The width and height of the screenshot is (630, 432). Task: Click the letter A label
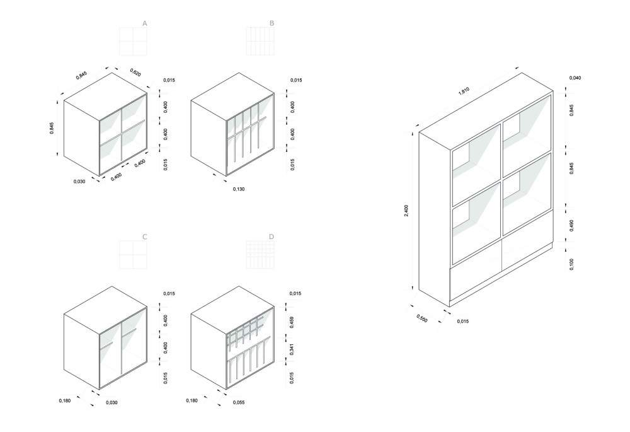coord(145,24)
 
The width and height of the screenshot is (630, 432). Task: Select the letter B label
coord(272,24)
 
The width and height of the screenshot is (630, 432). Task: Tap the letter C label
coord(145,237)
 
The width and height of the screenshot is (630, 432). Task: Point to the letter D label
coord(272,237)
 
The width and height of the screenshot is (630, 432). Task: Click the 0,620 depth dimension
coord(135,73)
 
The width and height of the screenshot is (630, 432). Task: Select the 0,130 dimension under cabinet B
coord(239,189)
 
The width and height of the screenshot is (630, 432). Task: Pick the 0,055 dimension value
coord(239,402)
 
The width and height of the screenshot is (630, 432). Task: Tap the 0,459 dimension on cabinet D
coord(292,322)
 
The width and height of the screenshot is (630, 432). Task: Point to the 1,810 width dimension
coord(464,91)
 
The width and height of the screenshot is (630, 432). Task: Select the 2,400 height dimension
coord(406,211)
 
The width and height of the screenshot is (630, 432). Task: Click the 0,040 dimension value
coord(575,78)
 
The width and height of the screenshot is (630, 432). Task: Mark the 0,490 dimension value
coord(572,226)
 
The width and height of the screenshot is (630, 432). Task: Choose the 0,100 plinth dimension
coord(572,264)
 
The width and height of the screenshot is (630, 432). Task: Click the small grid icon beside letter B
coord(260,42)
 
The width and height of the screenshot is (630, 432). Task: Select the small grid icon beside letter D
coord(260,255)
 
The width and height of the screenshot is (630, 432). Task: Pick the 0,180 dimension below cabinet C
coord(65,400)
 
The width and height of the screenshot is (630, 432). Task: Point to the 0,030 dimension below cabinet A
coord(79,182)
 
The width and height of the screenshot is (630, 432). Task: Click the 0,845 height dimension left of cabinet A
coord(52,128)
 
